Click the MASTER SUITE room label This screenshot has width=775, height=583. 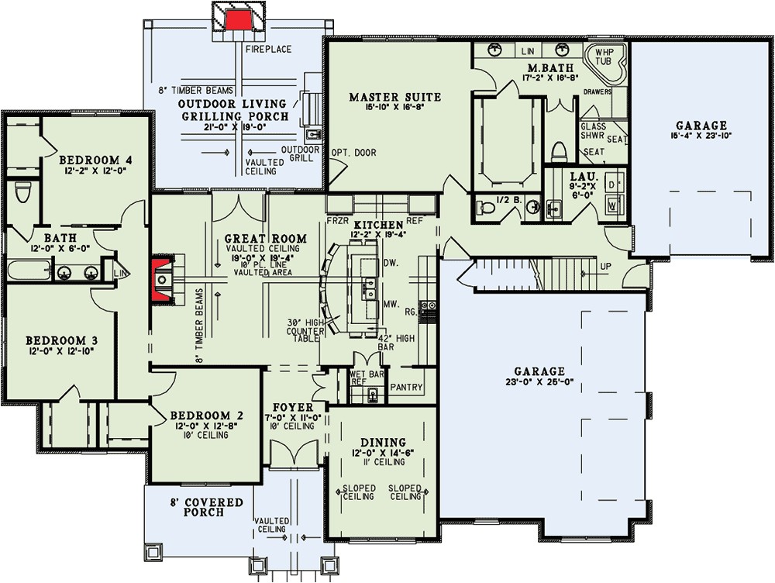(394, 98)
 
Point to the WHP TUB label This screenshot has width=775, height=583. (605, 59)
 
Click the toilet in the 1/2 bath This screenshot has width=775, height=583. (484, 206)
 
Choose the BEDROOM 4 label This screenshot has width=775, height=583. (96, 160)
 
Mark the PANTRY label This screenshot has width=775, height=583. (405, 385)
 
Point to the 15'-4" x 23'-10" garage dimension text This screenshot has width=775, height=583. (701, 135)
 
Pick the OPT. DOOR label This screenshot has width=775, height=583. (354, 153)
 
